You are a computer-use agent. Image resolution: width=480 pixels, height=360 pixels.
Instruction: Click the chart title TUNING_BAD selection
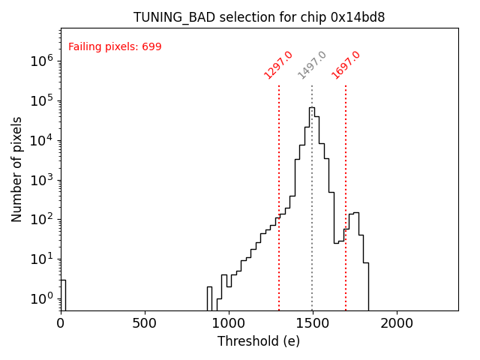(259, 17)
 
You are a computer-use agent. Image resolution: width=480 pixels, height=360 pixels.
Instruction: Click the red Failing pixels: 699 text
(115, 47)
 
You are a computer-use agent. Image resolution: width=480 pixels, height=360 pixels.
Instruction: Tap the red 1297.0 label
(278, 64)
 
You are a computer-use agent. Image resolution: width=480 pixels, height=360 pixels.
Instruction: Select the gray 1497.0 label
(312, 64)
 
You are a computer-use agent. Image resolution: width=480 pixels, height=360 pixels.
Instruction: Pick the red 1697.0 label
(346, 64)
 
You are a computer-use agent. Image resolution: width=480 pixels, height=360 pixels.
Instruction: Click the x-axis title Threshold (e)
(259, 341)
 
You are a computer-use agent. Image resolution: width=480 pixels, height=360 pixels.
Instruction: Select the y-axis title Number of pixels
(17, 169)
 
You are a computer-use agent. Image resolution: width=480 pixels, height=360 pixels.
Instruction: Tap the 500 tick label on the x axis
(145, 323)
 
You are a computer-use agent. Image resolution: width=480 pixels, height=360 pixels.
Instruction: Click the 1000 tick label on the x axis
(228, 323)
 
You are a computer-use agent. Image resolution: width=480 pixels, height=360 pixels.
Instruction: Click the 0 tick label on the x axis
(61, 323)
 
